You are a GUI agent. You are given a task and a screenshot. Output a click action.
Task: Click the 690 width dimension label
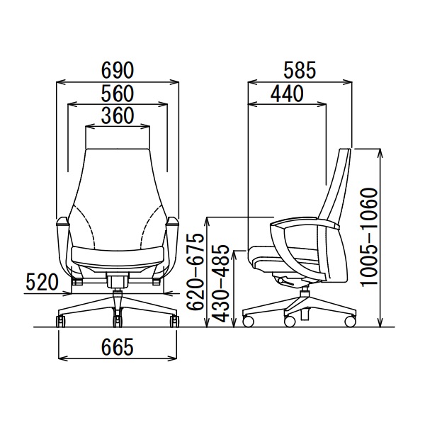[x=118, y=70]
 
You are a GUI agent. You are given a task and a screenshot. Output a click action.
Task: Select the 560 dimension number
[x=118, y=93]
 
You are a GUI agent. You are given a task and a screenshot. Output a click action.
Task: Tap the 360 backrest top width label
[x=118, y=115]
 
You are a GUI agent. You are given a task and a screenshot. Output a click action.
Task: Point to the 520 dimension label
[x=42, y=282]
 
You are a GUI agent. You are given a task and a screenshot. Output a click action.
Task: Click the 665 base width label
[x=118, y=346]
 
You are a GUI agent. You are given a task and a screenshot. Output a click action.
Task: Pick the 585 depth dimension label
[x=300, y=70]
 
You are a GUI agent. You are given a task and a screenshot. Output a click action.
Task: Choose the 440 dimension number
[x=287, y=93]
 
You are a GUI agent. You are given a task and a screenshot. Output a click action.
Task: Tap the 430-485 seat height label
[x=220, y=284]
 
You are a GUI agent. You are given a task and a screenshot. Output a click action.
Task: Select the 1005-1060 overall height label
[x=370, y=236]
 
